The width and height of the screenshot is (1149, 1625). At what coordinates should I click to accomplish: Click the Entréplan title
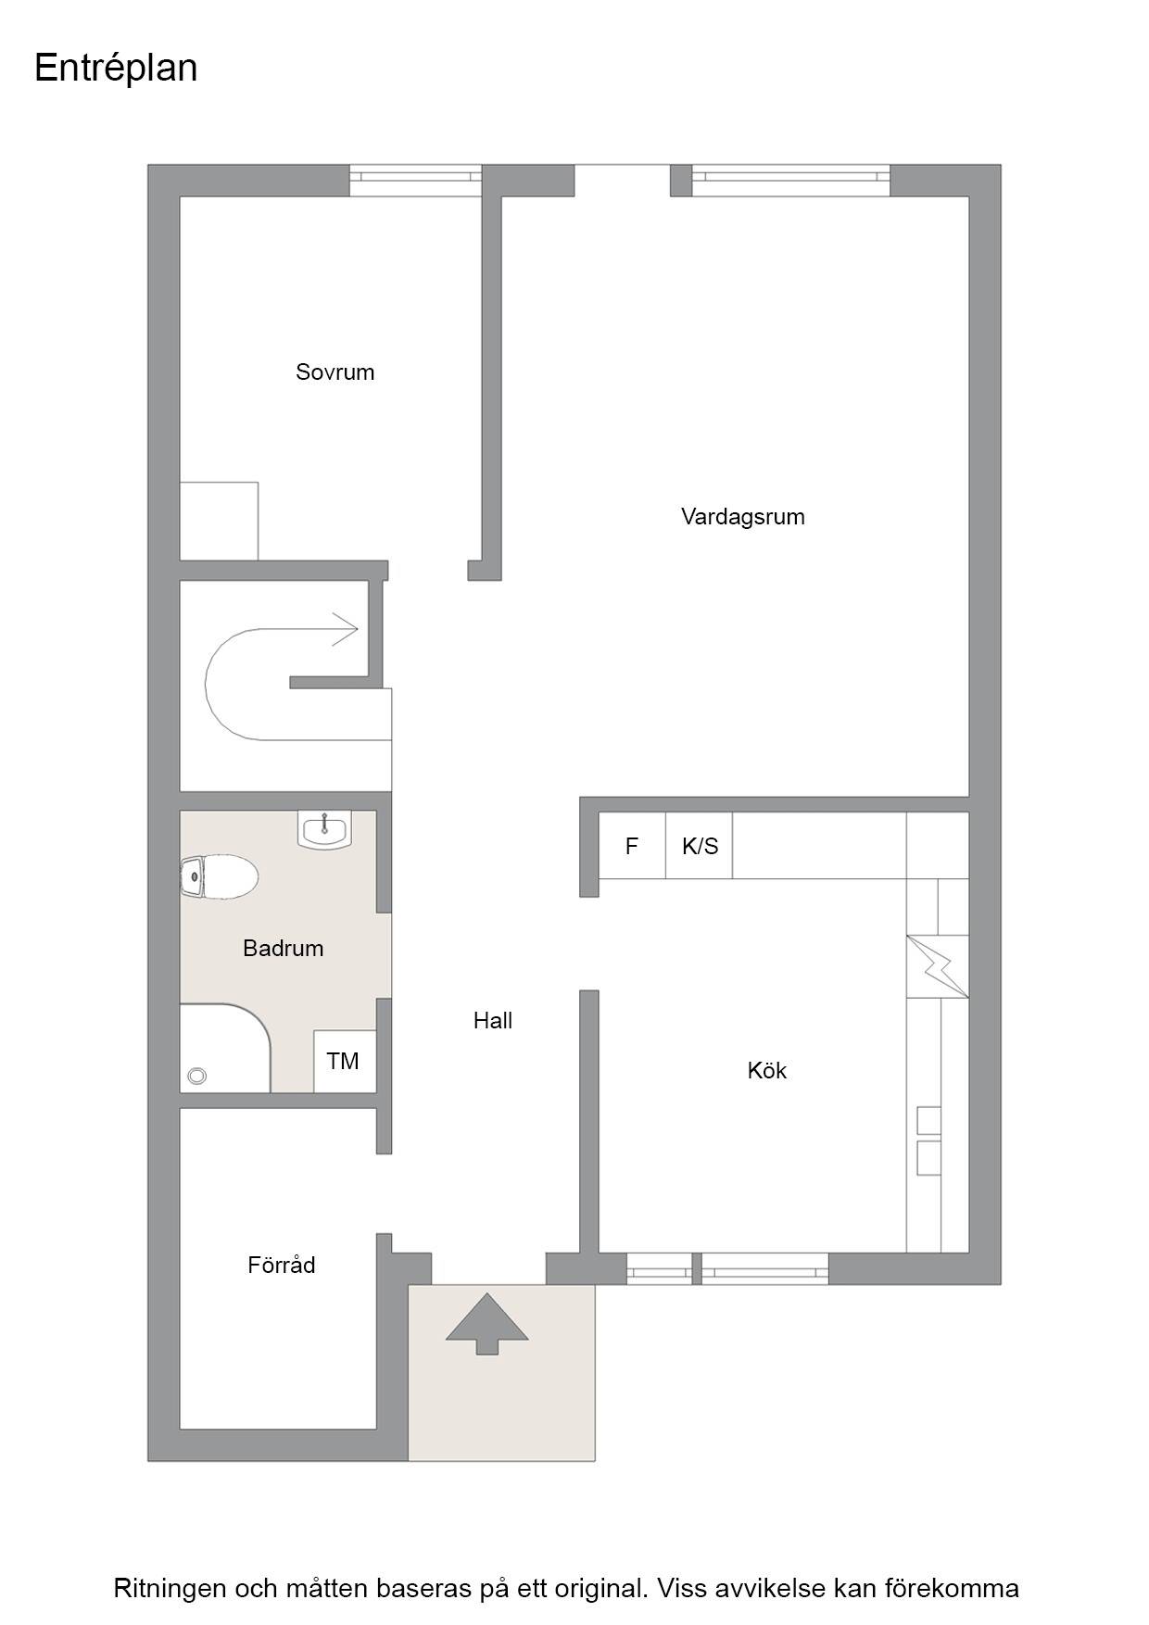tap(116, 69)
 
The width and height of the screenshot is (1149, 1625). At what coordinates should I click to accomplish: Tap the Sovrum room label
tap(335, 372)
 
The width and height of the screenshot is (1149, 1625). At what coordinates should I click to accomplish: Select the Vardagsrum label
tap(743, 517)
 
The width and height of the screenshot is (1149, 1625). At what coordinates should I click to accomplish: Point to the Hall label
tap(493, 1020)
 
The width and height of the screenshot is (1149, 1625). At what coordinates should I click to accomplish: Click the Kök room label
tap(767, 1070)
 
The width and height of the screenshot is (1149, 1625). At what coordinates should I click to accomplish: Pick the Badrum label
tap(284, 948)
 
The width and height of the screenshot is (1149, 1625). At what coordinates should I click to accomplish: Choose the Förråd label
tap(282, 1265)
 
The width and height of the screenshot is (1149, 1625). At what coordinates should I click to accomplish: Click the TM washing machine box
tap(345, 1061)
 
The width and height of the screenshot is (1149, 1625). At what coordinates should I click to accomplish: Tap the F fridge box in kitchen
tap(632, 845)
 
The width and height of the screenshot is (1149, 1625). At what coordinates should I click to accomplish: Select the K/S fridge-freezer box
tap(700, 845)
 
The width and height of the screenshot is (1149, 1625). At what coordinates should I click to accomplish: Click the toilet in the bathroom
tap(219, 876)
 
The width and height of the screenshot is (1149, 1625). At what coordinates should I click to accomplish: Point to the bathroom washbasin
tap(324, 829)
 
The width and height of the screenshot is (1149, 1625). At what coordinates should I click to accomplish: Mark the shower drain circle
tap(196, 1076)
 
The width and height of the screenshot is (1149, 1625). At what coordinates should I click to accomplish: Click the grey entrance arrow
tap(486, 1323)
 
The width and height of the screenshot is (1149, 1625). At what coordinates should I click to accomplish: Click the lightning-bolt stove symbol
tap(938, 966)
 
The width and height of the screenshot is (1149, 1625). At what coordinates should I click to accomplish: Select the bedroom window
tap(415, 181)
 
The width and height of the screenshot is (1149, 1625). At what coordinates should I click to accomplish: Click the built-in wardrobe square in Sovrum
tap(219, 521)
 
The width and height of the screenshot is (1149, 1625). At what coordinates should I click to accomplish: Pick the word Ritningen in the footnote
tap(170, 1588)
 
